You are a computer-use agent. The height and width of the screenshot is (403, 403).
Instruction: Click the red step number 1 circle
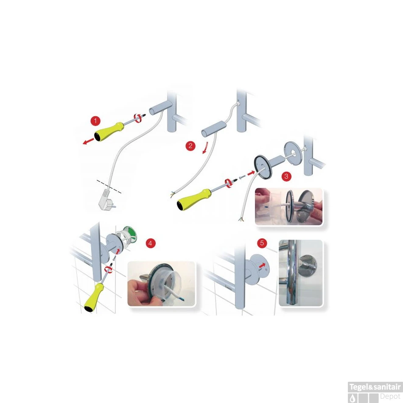95,121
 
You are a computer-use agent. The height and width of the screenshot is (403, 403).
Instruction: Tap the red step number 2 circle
190,146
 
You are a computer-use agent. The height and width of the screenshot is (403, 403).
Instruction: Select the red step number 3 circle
286,176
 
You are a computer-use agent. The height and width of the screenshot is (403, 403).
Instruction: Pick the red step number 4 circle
151,243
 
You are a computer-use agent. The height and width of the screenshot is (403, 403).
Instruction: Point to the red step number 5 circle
262,243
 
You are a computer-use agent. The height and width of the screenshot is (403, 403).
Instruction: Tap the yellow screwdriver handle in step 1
109,131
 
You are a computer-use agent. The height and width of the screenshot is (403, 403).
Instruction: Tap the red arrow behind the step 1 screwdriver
88,141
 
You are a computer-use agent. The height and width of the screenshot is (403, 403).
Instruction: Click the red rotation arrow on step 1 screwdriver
138,118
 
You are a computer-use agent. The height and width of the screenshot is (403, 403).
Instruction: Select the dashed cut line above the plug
109,186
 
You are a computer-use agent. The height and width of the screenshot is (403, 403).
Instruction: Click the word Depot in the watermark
390,396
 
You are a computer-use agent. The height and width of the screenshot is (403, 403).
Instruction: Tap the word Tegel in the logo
358,387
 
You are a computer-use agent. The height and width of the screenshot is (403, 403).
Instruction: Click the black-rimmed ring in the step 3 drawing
263,167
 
